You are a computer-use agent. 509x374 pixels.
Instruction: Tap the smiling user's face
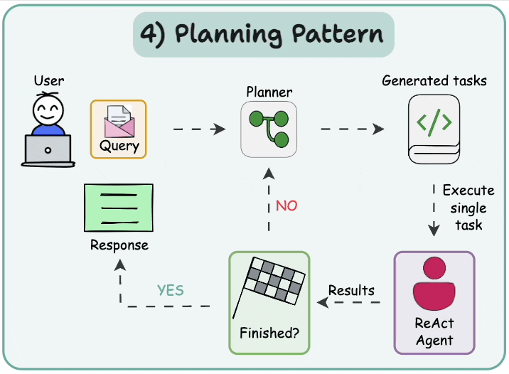(x=48, y=109)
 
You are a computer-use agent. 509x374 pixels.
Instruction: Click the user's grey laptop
(x=48, y=150)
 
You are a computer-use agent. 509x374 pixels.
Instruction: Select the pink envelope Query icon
(x=117, y=120)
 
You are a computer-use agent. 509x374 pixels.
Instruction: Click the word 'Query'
(x=119, y=147)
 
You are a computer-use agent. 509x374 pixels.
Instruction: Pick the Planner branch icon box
(x=268, y=129)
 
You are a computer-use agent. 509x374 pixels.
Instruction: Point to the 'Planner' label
(x=269, y=92)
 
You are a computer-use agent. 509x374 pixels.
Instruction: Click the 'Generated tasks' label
(x=434, y=80)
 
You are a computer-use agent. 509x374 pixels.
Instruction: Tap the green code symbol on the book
(x=434, y=122)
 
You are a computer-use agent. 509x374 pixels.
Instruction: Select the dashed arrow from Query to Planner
(x=198, y=129)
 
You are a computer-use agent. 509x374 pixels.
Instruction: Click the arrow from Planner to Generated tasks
(x=352, y=129)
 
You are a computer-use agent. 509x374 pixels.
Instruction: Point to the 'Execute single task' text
(x=468, y=208)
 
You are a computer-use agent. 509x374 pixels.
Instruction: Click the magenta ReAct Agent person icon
(x=434, y=284)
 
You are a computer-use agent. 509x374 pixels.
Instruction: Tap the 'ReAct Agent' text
(x=434, y=331)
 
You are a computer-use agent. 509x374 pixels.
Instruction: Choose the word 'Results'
(x=351, y=290)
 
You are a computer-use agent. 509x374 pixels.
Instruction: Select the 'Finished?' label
(x=269, y=333)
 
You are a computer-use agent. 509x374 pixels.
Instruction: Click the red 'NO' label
(x=286, y=206)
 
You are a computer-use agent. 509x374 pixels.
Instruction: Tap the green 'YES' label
(x=170, y=290)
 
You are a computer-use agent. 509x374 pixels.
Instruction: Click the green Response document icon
(x=119, y=208)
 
